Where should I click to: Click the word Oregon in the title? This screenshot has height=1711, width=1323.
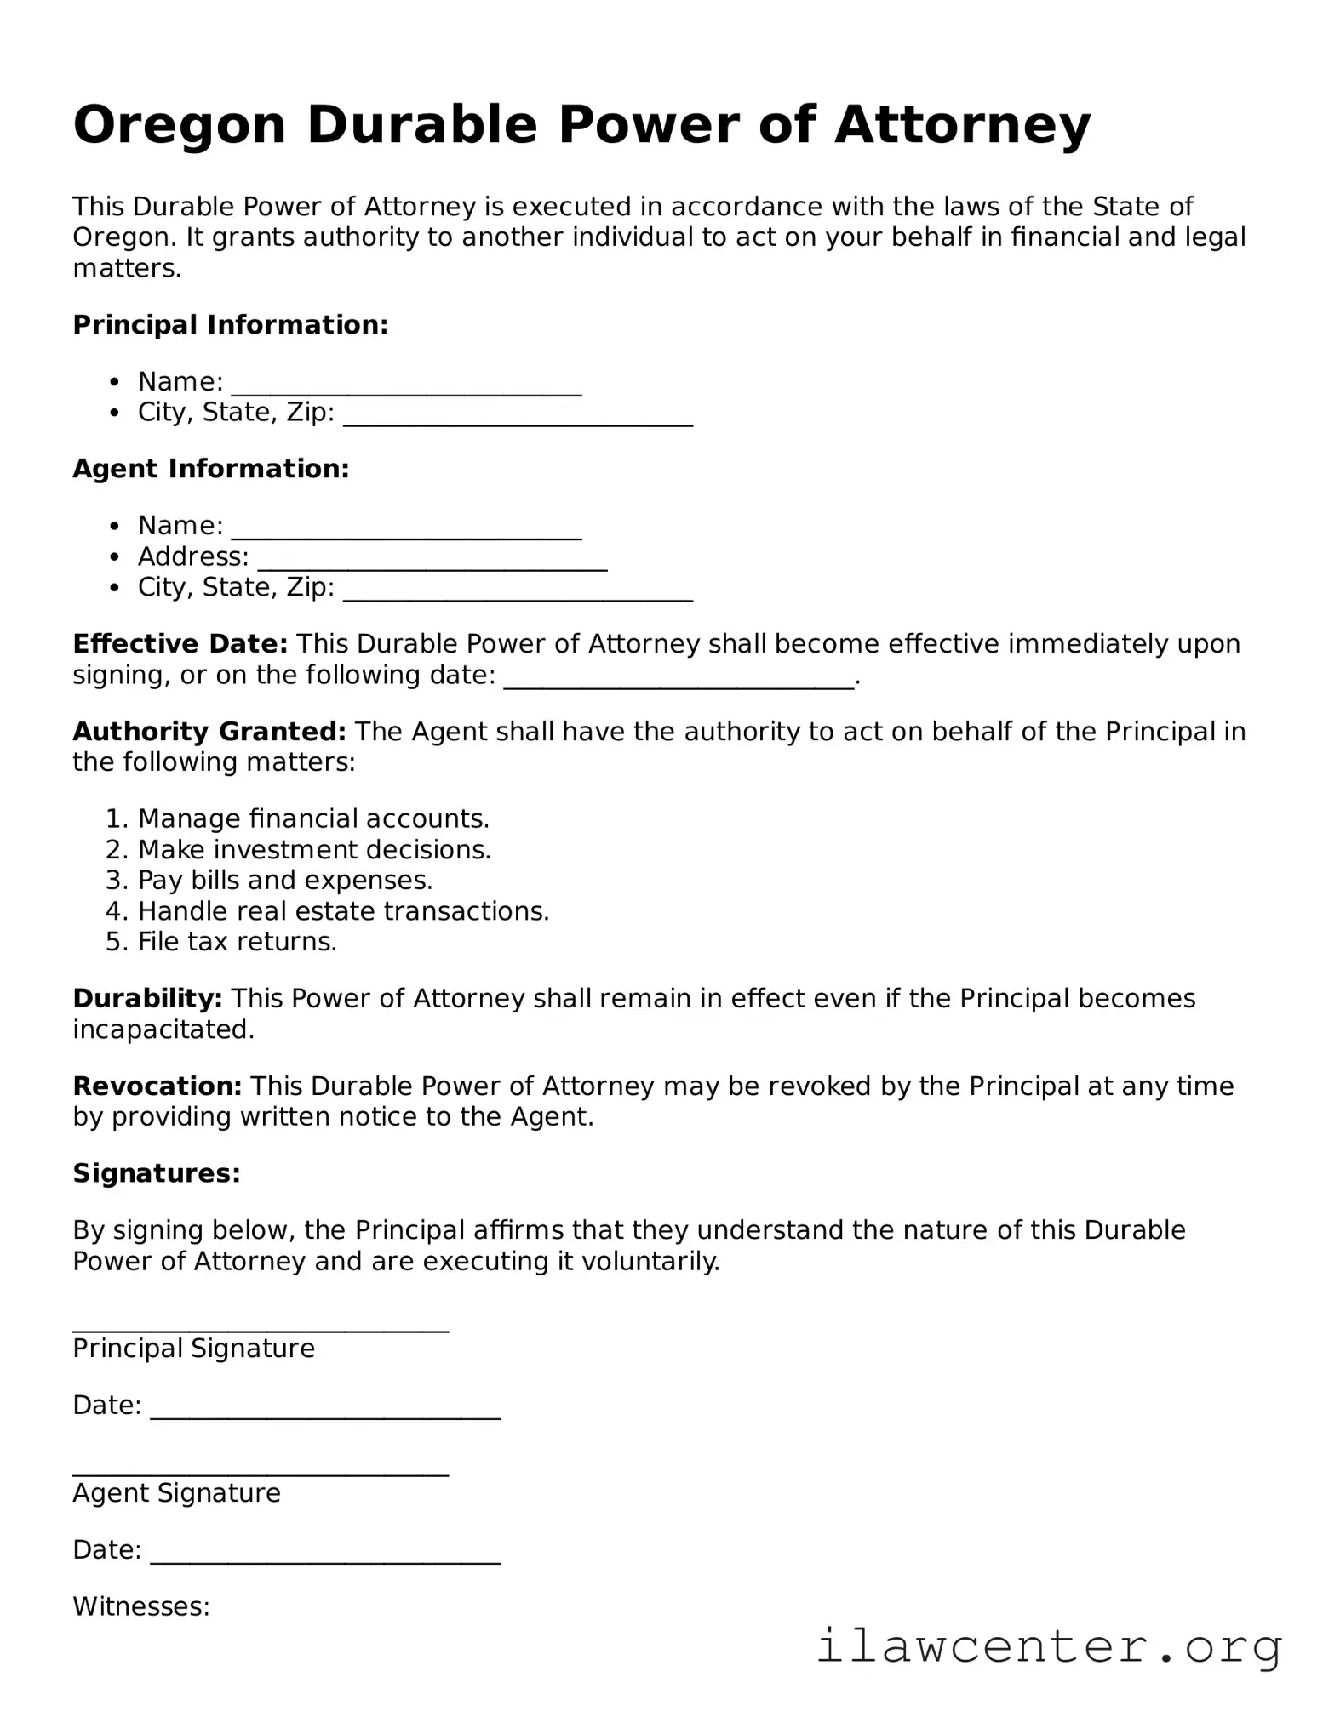(179, 126)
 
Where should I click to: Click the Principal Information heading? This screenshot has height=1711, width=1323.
(230, 325)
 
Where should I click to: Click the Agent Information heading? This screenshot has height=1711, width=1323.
(211, 469)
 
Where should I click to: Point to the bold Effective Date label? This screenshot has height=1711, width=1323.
(180, 644)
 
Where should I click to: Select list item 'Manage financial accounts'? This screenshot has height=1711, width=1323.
(312, 819)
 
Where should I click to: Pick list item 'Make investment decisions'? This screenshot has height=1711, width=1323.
(314, 850)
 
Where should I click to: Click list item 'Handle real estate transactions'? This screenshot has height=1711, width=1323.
(343, 911)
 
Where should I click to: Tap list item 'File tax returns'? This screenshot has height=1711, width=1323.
(237, 942)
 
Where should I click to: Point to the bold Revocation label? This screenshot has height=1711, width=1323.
(157, 1086)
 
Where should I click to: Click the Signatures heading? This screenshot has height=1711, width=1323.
(157, 1174)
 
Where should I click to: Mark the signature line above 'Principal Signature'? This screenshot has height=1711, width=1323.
(261, 1328)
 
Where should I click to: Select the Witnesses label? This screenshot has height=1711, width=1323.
(141, 1607)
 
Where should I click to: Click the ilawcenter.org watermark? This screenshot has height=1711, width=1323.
(1049, 1647)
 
